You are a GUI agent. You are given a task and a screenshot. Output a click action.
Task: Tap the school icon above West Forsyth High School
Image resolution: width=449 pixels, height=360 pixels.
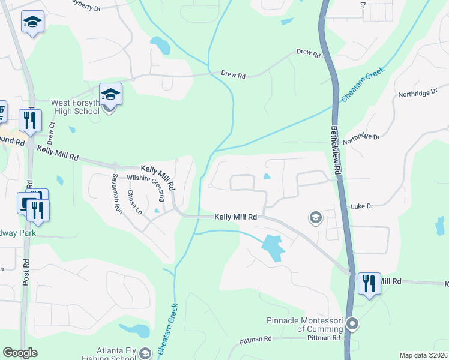click(110, 94)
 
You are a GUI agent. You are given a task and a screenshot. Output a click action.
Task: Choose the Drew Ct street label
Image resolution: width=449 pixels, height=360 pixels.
click(51, 133)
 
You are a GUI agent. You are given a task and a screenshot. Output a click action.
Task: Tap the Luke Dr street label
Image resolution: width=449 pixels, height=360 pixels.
click(362, 206)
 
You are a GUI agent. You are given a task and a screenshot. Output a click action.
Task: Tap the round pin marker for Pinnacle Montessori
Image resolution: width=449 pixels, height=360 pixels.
click(352, 325)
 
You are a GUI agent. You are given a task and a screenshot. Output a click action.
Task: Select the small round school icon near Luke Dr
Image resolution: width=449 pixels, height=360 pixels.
click(314, 217)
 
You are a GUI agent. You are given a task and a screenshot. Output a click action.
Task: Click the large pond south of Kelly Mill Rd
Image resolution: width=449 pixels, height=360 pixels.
click(272, 247)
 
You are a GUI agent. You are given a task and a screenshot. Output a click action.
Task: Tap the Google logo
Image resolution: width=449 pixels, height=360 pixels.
click(20, 353)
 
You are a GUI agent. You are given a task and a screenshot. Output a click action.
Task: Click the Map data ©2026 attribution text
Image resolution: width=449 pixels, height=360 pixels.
click(423, 355)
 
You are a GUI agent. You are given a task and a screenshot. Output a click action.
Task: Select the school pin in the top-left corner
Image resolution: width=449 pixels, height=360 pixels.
click(31, 23)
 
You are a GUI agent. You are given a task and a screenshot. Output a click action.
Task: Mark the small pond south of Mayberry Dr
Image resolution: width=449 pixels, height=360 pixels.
click(160, 44)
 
